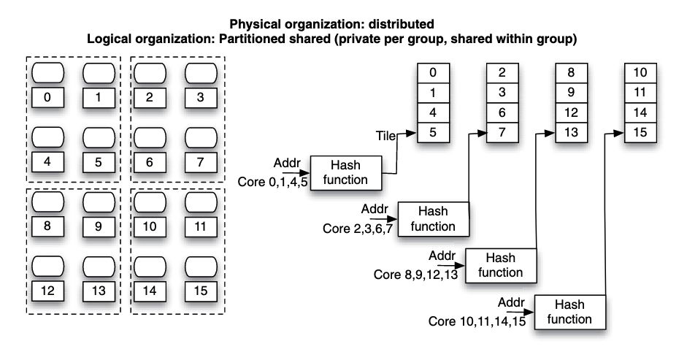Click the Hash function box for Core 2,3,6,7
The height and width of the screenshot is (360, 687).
coord(433,218)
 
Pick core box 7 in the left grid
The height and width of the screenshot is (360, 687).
coord(200,162)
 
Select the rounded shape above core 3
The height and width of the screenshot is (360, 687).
coord(200,73)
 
